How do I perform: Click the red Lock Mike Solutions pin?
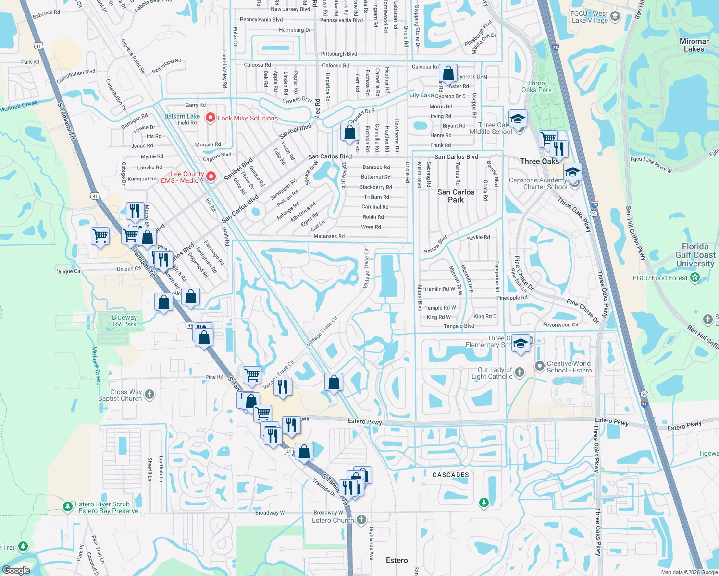[210, 118]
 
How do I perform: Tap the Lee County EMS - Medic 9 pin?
[211, 177]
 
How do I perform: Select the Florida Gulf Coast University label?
[695, 255]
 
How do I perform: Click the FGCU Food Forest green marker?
[694, 277]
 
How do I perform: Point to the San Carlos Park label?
[456, 195]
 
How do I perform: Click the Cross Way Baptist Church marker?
[149, 395]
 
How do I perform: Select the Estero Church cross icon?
[361, 520]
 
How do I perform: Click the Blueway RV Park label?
[124, 321]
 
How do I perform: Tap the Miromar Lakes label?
[694, 45]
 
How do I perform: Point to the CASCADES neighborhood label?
[450, 475]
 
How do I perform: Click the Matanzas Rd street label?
[329, 236]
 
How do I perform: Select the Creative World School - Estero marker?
[539, 366]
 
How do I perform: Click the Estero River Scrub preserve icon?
[68, 506]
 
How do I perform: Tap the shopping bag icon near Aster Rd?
[448, 73]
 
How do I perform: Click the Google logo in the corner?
[16, 570]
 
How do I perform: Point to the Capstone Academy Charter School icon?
[572, 172]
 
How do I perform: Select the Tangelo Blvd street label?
[459, 326]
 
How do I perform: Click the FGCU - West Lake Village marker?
[615, 17]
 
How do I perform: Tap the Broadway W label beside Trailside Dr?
[328, 513]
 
